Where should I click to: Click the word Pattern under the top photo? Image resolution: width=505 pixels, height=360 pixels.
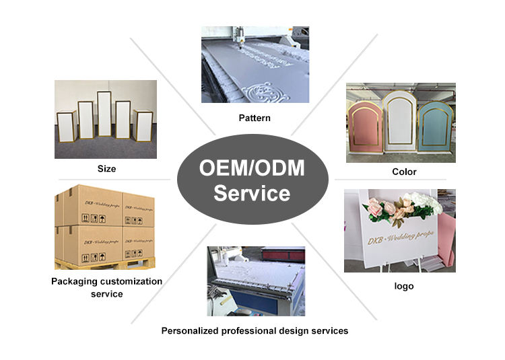tap(254, 118)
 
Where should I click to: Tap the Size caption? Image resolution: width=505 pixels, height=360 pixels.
tap(106, 168)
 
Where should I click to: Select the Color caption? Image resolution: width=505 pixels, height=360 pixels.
tap(404, 172)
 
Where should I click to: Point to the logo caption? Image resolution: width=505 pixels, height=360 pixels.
tap(403, 286)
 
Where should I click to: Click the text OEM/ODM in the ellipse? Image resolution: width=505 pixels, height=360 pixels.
tap(252, 168)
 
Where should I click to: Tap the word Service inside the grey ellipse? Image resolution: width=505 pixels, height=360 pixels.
tap(252, 194)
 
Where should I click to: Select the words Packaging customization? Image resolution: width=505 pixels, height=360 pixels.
tap(106, 281)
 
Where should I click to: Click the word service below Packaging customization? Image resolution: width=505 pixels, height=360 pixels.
tap(106, 294)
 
